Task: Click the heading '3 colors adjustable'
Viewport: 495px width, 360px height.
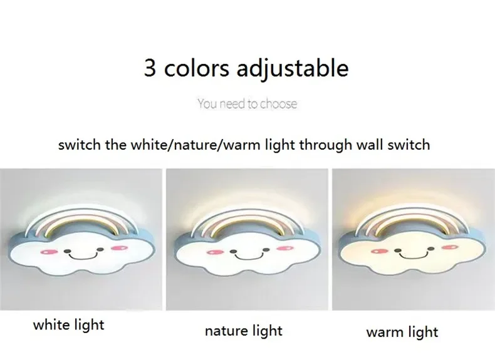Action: tap(246, 68)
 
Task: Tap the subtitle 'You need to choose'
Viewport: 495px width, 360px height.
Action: tap(247, 103)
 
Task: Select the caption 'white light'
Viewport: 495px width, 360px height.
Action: tap(68, 324)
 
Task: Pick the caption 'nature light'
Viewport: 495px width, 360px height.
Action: tap(244, 330)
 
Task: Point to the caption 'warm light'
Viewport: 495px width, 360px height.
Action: tap(402, 331)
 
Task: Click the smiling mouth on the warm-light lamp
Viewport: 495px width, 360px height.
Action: tap(412, 255)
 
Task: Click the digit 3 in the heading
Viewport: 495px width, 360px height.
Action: tap(150, 68)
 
